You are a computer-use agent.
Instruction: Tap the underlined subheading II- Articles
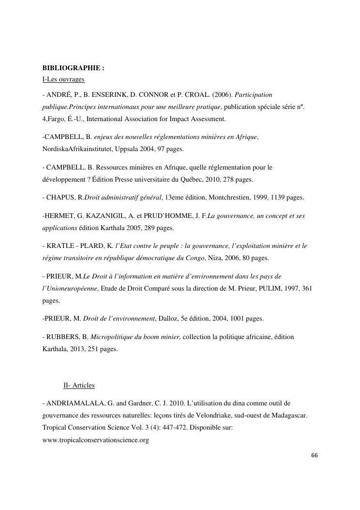pyautogui.click(x=79, y=386)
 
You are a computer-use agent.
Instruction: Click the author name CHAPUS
pyautogui.click(x=61, y=198)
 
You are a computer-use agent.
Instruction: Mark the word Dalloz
pyautogui.click(x=171, y=319)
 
